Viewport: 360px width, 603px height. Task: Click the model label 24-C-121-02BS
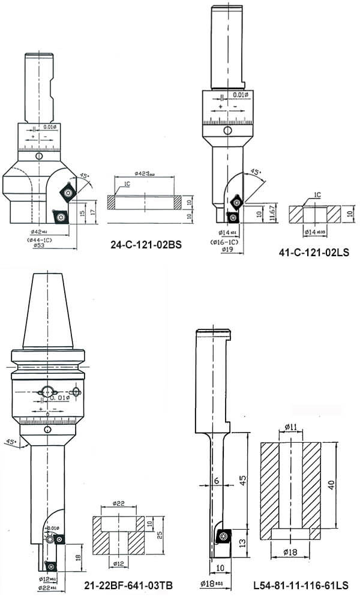(x=146, y=245)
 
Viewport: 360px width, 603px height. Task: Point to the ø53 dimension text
(x=40, y=245)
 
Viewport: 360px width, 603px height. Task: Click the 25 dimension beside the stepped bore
(x=159, y=530)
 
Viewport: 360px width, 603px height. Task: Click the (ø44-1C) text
(x=40, y=238)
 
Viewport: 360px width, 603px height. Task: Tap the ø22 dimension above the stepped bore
(x=119, y=503)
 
